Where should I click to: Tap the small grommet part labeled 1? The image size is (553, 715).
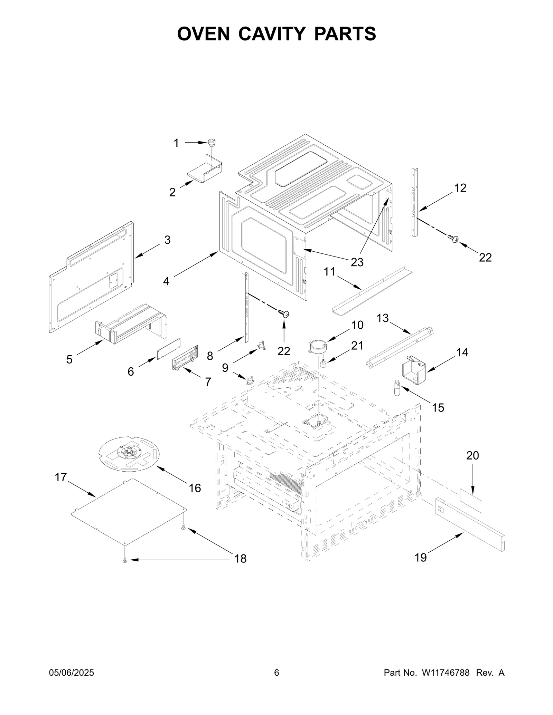[x=212, y=142]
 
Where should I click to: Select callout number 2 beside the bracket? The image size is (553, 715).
[x=172, y=192]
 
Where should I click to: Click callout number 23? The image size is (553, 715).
[x=357, y=262]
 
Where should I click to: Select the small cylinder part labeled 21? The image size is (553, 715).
[x=324, y=364]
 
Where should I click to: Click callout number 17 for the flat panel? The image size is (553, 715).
[x=60, y=477]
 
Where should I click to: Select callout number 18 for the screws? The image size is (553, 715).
[x=241, y=558]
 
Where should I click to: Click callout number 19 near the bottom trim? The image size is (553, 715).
[x=421, y=557]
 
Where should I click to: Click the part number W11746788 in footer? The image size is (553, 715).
[x=445, y=673]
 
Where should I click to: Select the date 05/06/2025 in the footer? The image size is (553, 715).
[x=72, y=673]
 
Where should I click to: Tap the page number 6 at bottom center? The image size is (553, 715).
[x=276, y=673]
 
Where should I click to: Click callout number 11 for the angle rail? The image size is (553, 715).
[x=329, y=272]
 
